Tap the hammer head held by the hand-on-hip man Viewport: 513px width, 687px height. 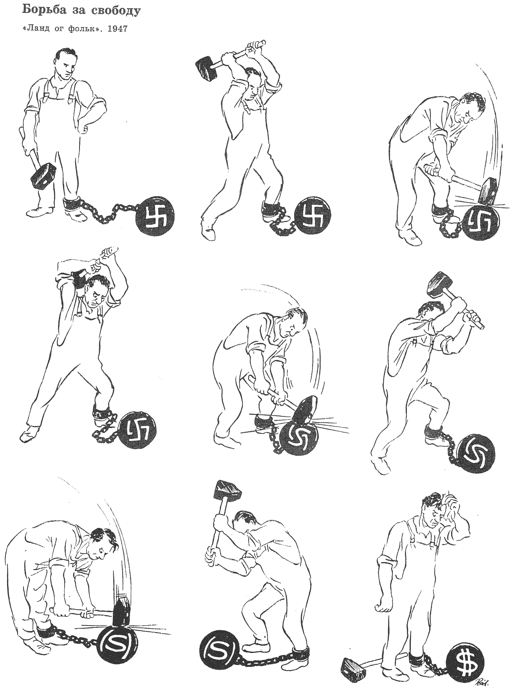tap(43, 177)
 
